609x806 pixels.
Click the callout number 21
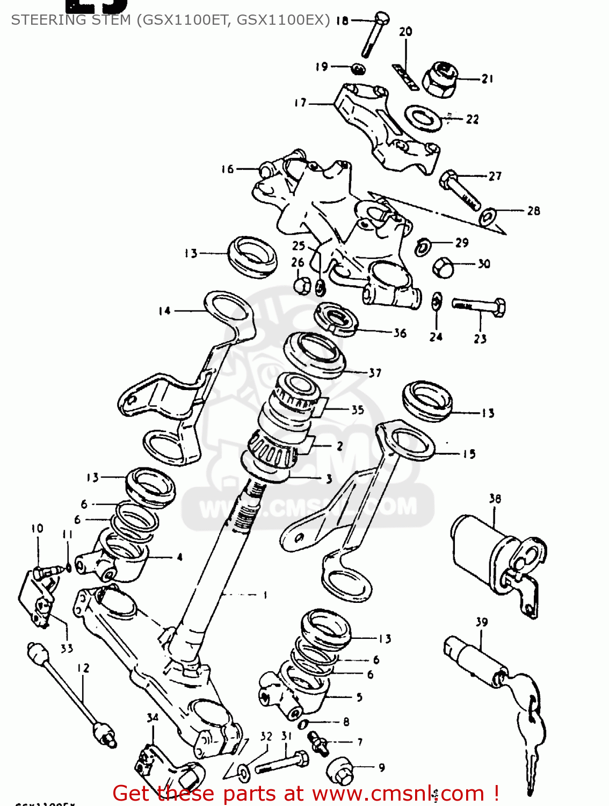[487, 79]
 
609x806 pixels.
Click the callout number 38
[495, 499]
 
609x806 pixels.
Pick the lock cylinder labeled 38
[483, 553]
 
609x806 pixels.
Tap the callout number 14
[164, 311]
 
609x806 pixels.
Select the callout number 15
[469, 454]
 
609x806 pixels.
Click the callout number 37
[375, 372]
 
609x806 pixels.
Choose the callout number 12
[83, 668]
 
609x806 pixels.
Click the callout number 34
[153, 717]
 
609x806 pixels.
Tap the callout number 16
[227, 169]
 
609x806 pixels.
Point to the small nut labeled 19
[358, 69]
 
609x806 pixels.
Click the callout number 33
[67, 649]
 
